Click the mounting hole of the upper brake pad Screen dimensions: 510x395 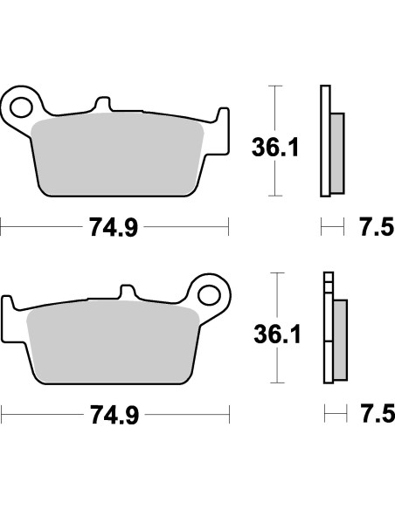coord(21,103)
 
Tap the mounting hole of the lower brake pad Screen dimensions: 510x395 coord(209,292)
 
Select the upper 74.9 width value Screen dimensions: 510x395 coord(114,229)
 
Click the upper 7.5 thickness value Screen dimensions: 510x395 coord(371,229)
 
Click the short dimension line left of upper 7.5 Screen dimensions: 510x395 coord(330,229)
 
